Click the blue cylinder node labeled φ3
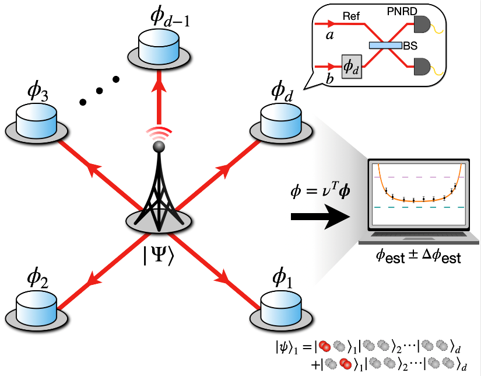point(36,122)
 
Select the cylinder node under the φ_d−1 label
point(159,51)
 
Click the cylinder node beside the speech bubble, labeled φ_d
point(280,121)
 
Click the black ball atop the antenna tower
point(159,149)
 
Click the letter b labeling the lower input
point(330,78)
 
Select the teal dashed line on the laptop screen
point(419,208)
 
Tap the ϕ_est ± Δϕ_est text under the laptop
point(419,256)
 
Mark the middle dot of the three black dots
point(100,90)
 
